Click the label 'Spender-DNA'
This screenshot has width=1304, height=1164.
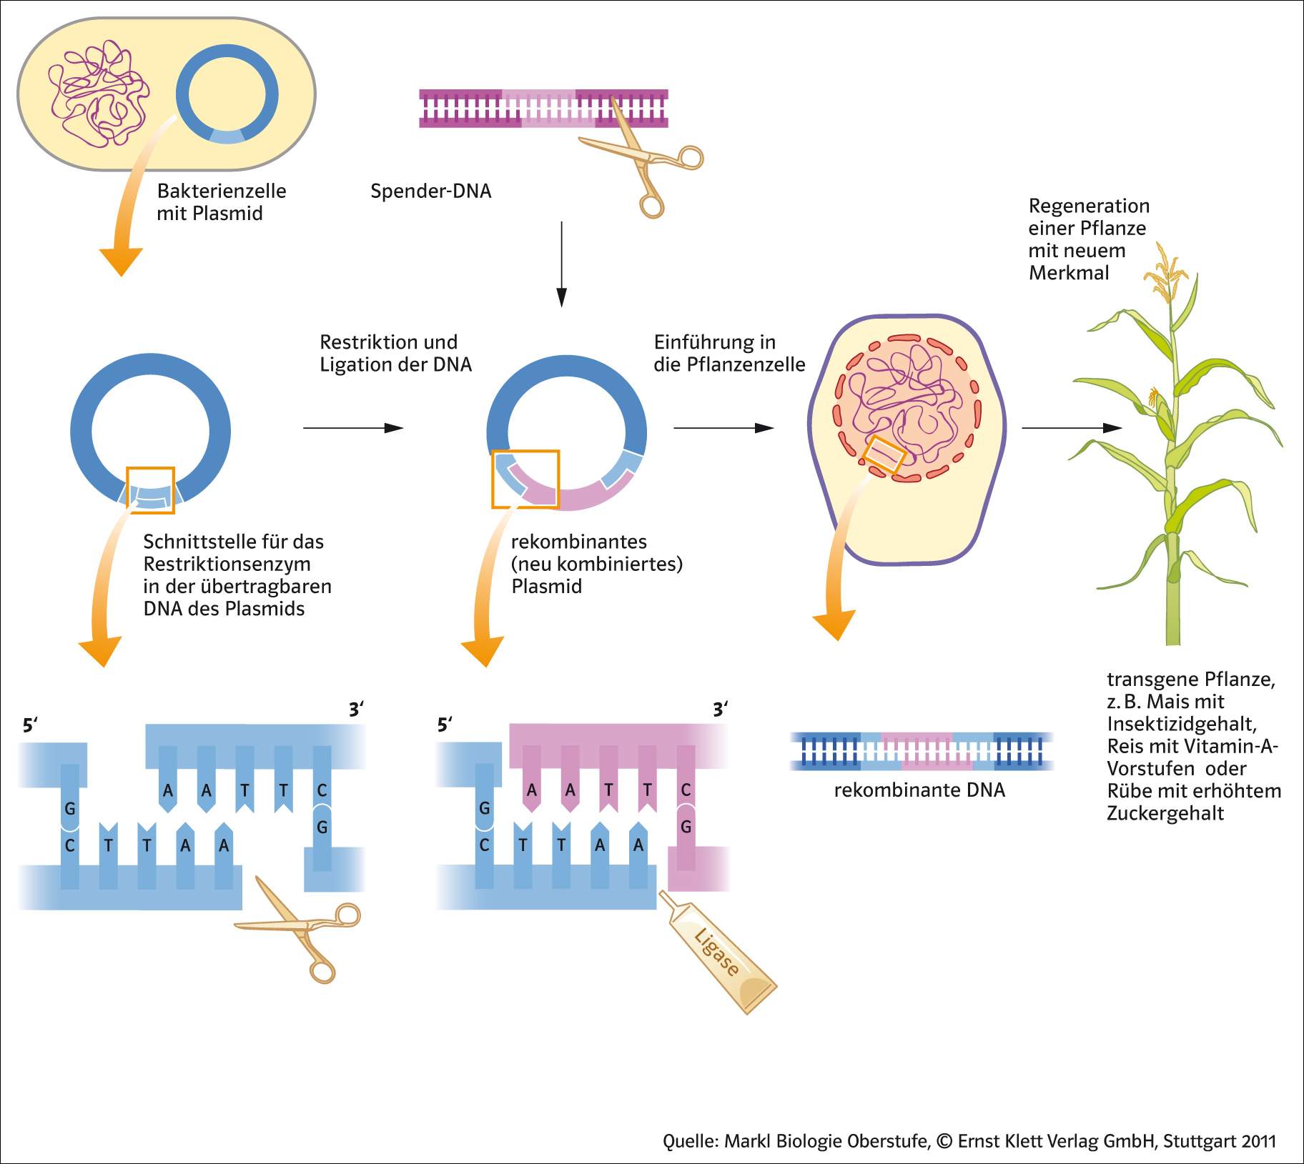(430, 191)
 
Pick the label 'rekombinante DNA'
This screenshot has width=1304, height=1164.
(919, 790)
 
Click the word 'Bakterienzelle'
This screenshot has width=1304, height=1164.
(222, 191)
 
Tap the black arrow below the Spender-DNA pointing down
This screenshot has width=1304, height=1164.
(562, 264)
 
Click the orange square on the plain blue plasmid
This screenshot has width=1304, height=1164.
(150, 489)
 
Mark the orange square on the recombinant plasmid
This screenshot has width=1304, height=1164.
(525, 479)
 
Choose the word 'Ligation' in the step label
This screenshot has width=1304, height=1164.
(355, 364)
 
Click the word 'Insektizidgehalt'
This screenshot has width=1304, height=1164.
(1182, 724)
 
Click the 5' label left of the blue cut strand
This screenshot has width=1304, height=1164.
(29, 725)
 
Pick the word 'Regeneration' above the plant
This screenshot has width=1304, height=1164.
(1089, 206)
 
